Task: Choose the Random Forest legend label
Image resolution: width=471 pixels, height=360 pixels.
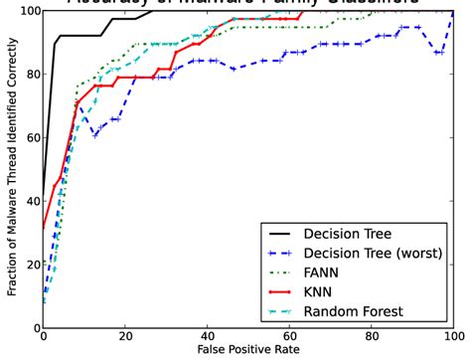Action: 353,312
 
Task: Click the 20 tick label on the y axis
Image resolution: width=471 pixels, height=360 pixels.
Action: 27,265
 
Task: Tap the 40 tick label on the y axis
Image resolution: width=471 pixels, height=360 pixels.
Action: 27,201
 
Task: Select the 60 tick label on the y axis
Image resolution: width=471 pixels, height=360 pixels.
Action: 27,137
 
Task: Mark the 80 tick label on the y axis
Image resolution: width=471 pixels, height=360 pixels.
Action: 27,74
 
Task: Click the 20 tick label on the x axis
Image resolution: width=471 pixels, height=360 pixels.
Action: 125,337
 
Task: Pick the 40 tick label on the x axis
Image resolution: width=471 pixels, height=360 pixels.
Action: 208,337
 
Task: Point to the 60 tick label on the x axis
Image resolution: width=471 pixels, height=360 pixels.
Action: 290,337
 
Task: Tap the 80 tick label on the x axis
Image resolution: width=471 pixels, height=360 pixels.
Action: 372,337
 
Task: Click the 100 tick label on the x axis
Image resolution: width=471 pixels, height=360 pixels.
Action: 452,337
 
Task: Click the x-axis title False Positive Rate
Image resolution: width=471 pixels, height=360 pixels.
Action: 248,351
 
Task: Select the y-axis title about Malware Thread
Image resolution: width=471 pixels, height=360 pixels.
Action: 9,169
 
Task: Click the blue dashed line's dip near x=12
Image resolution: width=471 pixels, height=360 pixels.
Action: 94,134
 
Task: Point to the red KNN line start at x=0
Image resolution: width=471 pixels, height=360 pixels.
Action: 44,228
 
